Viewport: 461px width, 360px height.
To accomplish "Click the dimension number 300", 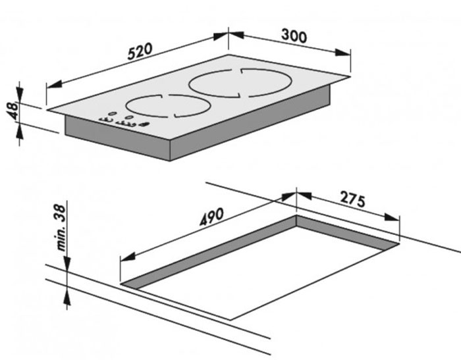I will [x=294, y=36].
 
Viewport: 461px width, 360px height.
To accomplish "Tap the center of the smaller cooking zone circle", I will [x=167, y=105].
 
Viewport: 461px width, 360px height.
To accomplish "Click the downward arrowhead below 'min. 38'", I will [x=67, y=266].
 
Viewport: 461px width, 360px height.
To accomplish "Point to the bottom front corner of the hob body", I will [x=171, y=160].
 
